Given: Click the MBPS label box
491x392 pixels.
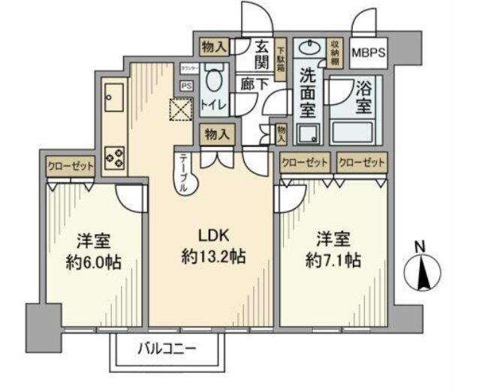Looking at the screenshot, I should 368,52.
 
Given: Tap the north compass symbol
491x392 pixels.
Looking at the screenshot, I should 421,270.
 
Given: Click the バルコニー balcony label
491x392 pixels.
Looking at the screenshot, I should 166,349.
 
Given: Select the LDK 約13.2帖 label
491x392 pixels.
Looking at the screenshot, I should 213,244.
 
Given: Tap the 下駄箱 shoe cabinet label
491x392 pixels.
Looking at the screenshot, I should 281,55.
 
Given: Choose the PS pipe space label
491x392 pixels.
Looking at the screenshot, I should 185,85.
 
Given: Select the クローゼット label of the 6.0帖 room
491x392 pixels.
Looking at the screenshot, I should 71,166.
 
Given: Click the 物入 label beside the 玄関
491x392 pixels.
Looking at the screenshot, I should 214,47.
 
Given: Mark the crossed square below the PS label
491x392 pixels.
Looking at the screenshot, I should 181,112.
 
